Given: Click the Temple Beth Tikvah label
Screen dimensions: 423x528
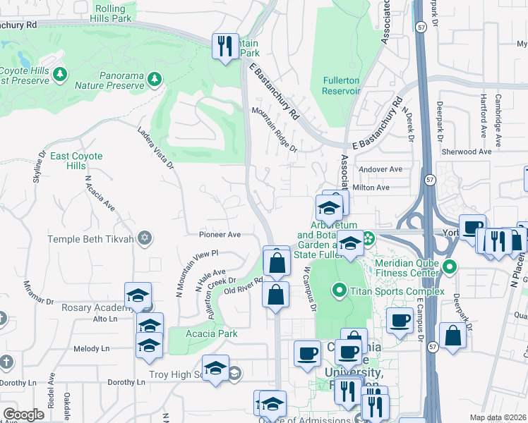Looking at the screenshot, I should (90, 239).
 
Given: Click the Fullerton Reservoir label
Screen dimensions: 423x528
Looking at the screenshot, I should (342, 86).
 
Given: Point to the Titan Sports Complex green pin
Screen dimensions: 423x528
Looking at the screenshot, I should (340, 290).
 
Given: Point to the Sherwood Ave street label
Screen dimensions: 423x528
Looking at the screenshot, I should (465, 152).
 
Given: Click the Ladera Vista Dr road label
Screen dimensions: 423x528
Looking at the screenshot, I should (155, 148).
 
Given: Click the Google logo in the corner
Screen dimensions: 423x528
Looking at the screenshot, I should (23, 415).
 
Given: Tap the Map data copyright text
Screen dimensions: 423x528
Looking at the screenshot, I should (498, 417).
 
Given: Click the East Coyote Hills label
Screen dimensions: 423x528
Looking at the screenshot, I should (76, 161).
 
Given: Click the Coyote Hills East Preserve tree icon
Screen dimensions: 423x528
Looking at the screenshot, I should (59, 73).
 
